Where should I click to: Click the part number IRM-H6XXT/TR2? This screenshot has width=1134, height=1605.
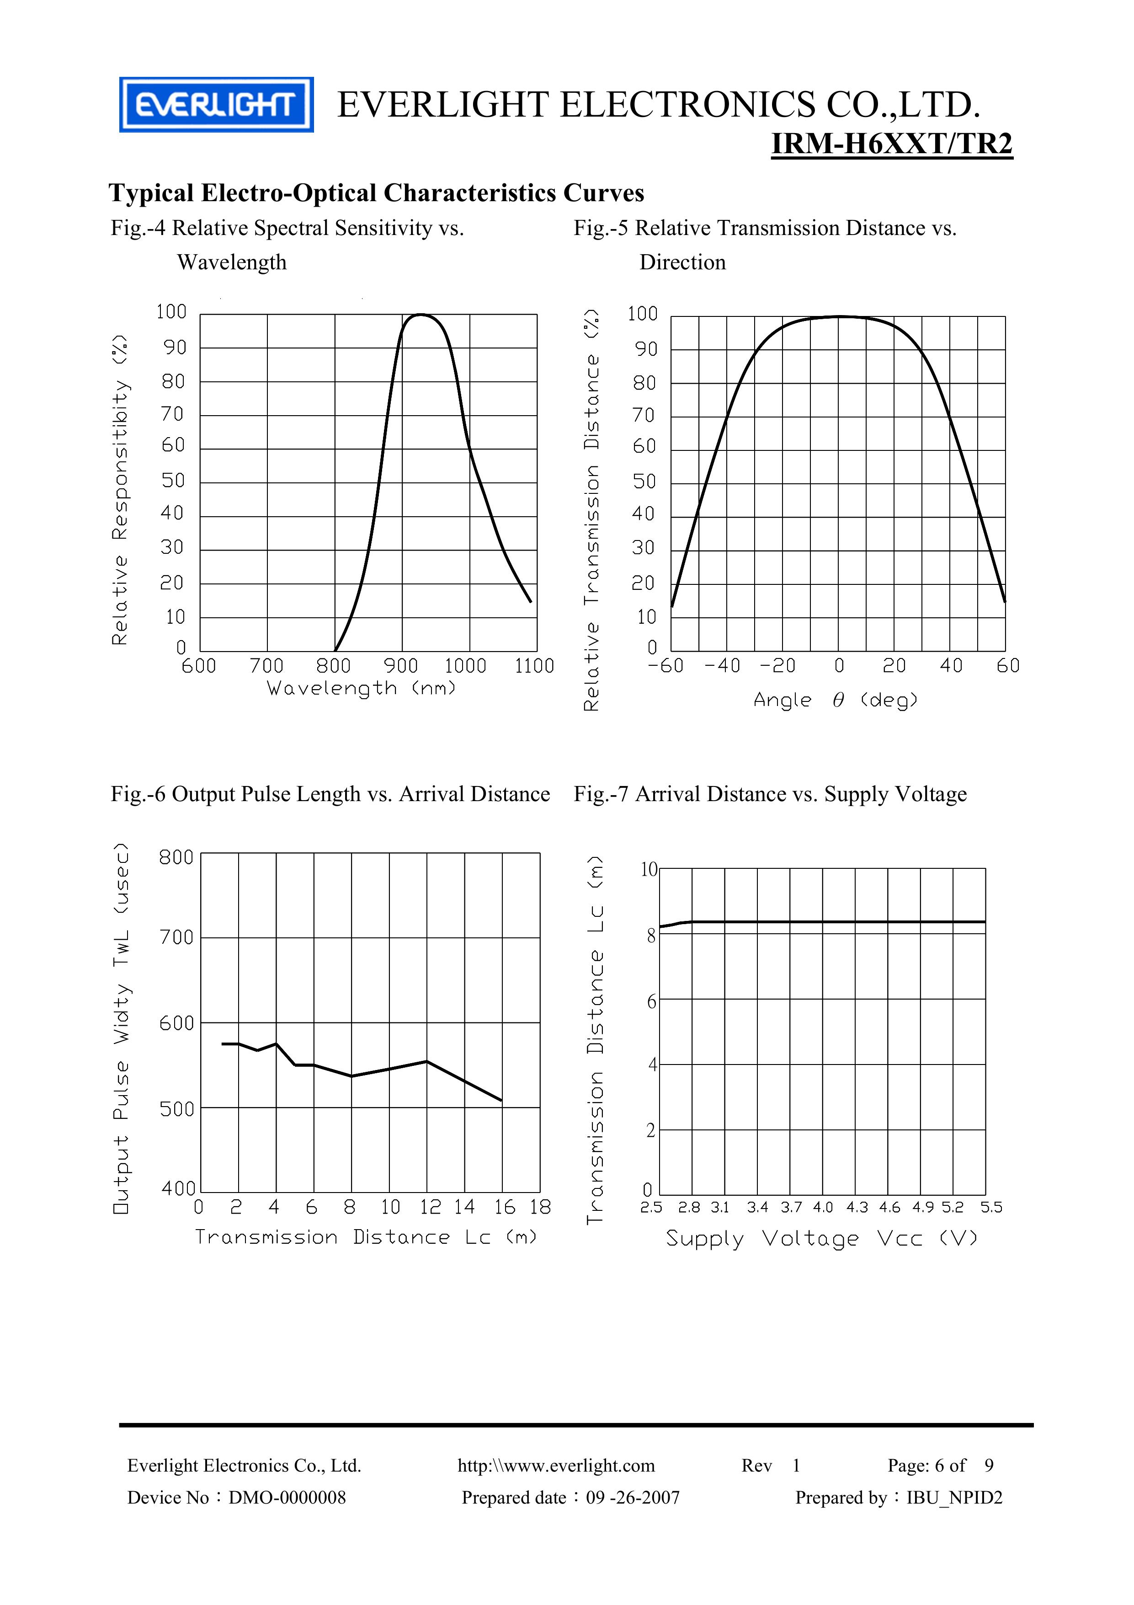[x=892, y=144]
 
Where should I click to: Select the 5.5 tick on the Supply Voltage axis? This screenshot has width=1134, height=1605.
[x=991, y=1207]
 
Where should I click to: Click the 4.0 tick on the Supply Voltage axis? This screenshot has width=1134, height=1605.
[x=823, y=1207]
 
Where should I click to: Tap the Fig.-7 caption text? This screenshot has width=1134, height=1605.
[x=770, y=794]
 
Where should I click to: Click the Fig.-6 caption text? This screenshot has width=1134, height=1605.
[x=330, y=794]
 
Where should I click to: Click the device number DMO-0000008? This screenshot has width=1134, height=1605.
[x=287, y=1498]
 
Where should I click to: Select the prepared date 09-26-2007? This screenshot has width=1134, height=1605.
[x=632, y=1498]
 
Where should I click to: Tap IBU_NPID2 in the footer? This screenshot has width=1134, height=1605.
[x=954, y=1498]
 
